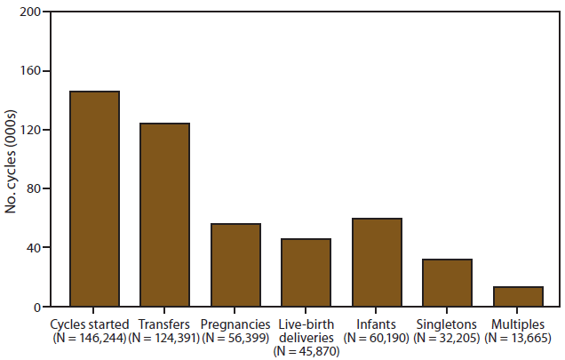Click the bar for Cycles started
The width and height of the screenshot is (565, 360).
(94, 199)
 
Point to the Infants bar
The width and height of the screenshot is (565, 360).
(377, 262)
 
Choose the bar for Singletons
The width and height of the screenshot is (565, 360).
(447, 283)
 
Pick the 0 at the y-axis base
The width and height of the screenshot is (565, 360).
(36, 308)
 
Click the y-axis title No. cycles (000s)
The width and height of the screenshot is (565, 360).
(12, 160)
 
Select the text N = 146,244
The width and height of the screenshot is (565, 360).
(90, 338)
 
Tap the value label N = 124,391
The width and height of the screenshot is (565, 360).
(164, 338)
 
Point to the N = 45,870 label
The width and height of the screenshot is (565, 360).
(306, 351)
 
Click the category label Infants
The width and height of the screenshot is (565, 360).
(377, 324)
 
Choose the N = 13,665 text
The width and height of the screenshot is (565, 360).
(518, 338)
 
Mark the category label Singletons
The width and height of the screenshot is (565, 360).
(447, 324)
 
